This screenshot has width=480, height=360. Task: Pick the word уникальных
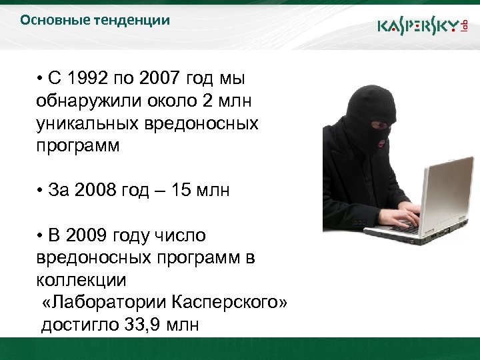click(86, 124)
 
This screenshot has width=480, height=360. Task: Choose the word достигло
click(79, 326)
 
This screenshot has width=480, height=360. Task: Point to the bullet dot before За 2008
click(41, 191)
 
